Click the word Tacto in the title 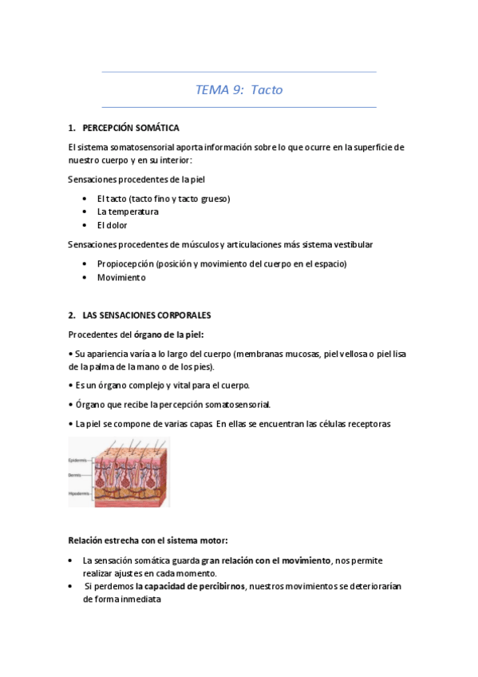[267, 90]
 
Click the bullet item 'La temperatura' [128, 212]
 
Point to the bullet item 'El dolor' [113, 225]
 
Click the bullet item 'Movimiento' [121, 277]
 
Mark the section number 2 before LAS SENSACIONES [71, 315]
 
